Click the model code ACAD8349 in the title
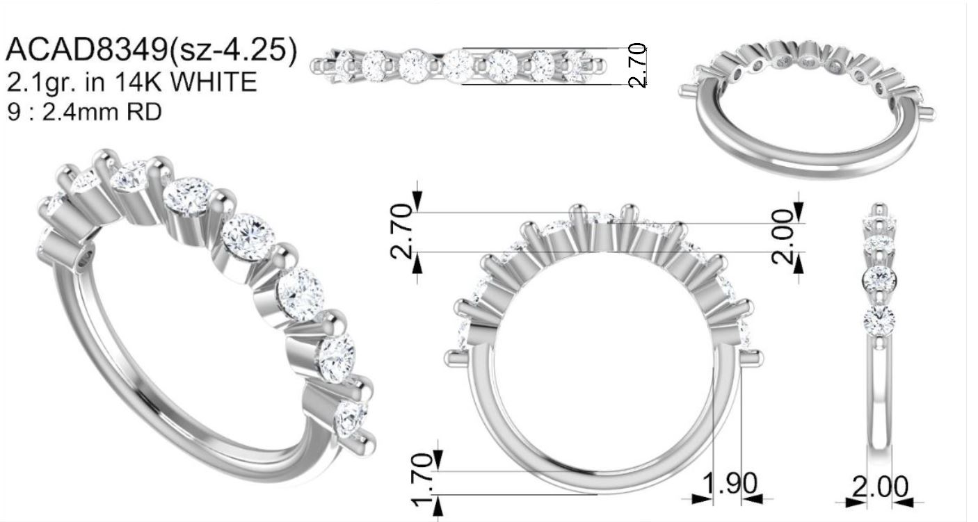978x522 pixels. [86, 49]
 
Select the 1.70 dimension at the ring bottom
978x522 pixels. [422, 480]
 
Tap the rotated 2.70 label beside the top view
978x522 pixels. [637, 65]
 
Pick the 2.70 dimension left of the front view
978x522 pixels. [401, 231]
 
